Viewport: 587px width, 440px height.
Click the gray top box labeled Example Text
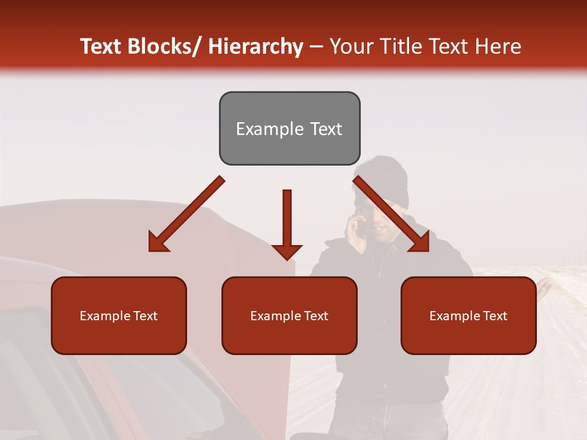click(289, 128)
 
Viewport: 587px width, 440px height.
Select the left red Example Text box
click(119, 315)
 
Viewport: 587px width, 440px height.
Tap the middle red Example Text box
click(289, 315)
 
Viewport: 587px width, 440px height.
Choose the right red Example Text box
click(468, 315)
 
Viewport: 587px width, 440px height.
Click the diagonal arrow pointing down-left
click(186, 214)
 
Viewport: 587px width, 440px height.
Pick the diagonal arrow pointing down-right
click(391, 214)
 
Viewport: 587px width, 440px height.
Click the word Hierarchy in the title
click(256, 46)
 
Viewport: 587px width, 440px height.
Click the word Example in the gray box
click(263, 129)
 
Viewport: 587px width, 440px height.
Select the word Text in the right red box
click(494, 316)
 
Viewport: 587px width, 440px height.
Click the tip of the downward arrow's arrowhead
click(287, 260)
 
